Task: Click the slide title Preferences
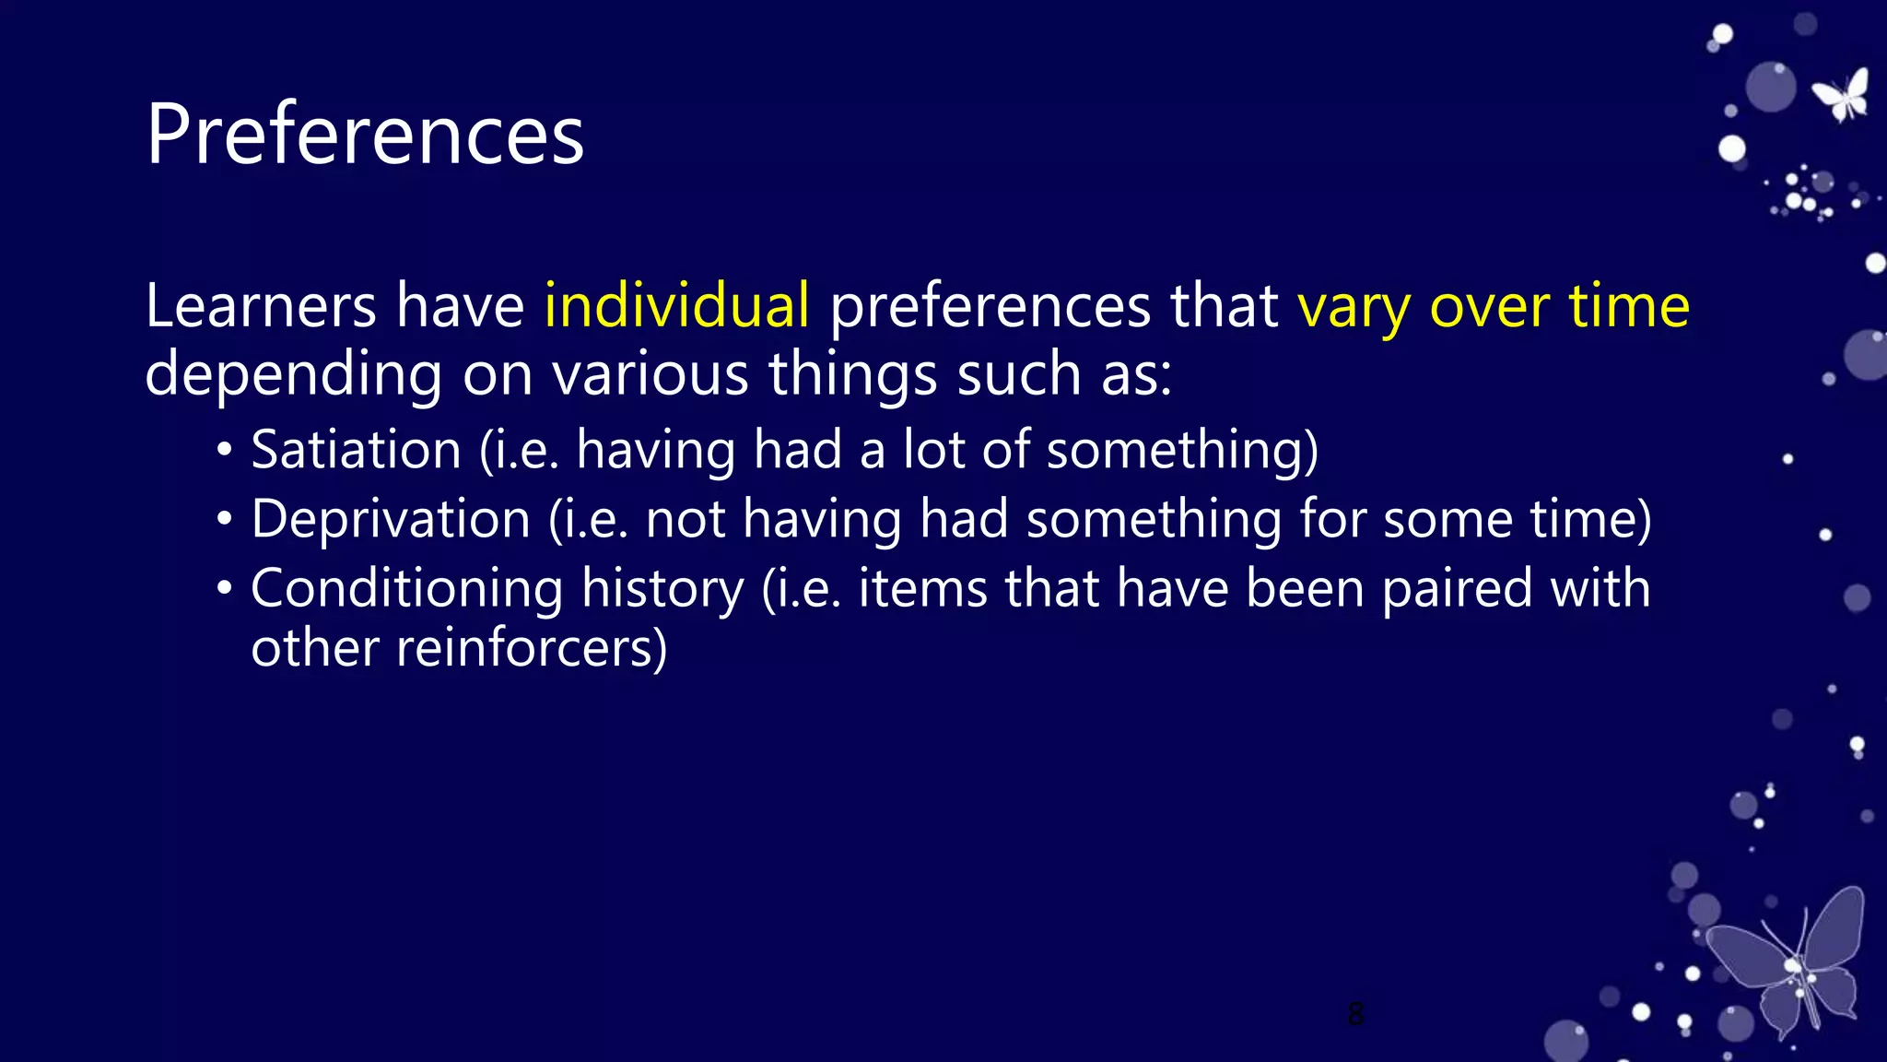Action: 365,135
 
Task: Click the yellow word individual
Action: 676,305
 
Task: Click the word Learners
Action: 261,305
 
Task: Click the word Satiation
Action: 356,450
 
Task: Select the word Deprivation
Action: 391,519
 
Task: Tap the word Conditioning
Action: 406,590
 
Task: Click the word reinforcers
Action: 531,648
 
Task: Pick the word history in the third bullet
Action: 662,590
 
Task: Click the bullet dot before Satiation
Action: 225,452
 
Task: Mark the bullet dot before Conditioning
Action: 225,590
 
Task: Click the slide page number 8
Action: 1355,1014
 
